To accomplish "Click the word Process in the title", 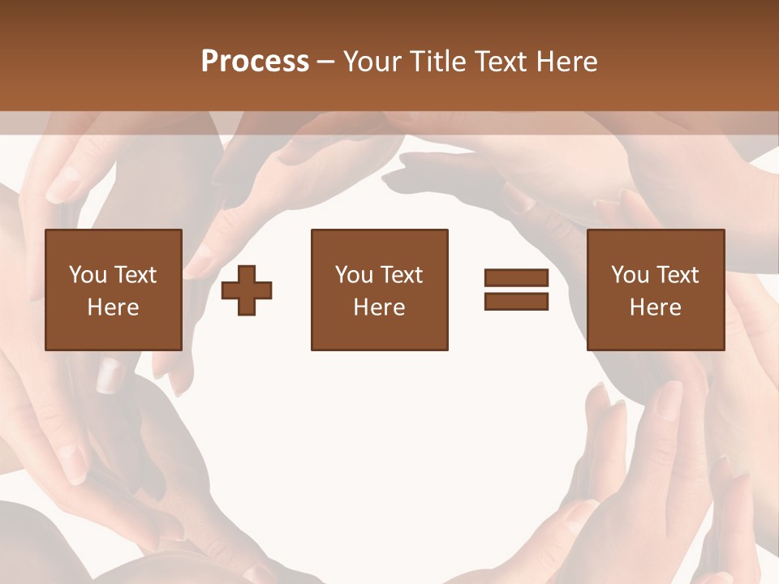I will tap(255, 62).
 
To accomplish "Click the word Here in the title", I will tap(568, 62).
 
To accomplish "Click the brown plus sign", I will tap(247, 290).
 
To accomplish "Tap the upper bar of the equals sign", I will tap(517, 278).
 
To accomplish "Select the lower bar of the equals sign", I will tap(517, 301).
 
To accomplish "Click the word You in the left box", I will tap(88, 275).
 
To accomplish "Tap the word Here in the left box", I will tap(113, 307).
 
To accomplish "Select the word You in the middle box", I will tap(354, 275).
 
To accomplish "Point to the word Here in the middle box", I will tap(379, 307).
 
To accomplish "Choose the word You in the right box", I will tap(630, 275).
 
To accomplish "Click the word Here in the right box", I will tap(655, 307).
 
